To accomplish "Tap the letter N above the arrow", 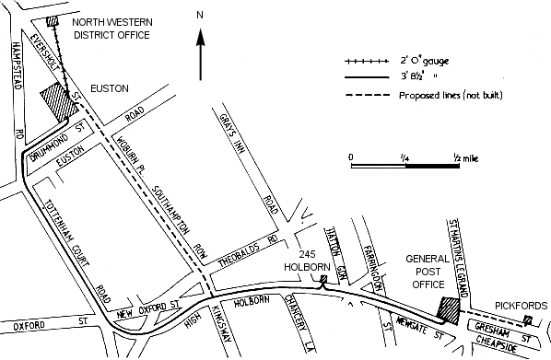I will [200, 16].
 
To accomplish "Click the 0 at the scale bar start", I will [351, 157].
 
